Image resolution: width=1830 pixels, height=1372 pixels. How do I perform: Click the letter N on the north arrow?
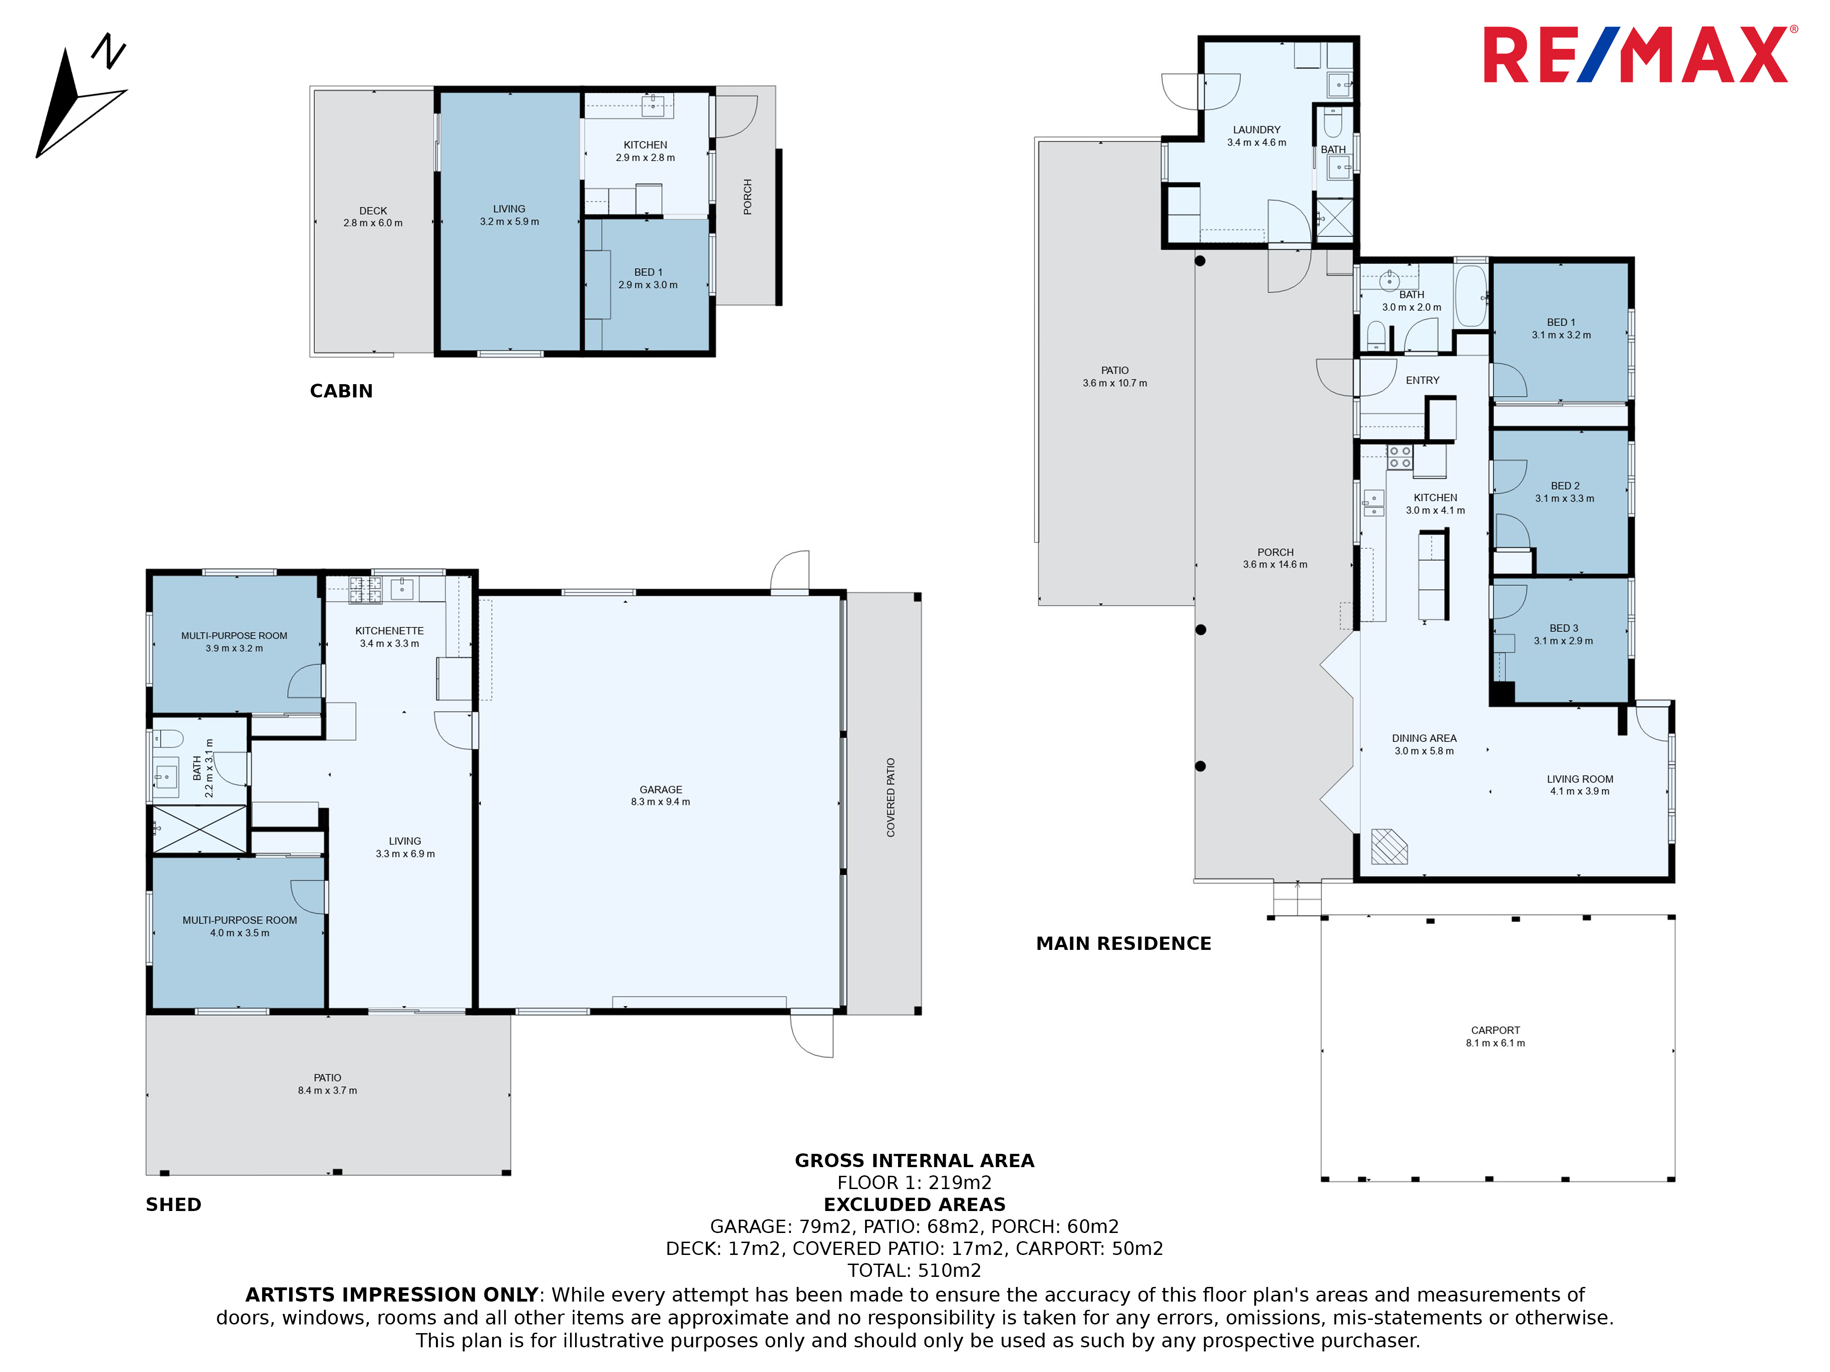(108, 51)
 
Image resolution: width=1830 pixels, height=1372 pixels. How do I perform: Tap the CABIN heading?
(341, 391)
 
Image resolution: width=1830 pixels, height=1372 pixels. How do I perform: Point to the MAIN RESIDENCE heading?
(1124, 943)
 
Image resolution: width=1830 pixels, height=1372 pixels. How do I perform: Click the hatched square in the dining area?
(1389, 846)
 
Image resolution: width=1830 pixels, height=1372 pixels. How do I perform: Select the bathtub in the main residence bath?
(1470, 295)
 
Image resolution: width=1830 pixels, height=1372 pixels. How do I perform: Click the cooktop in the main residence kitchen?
(1400, 457)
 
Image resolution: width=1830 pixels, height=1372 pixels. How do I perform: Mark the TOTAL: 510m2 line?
(914, 1270)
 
